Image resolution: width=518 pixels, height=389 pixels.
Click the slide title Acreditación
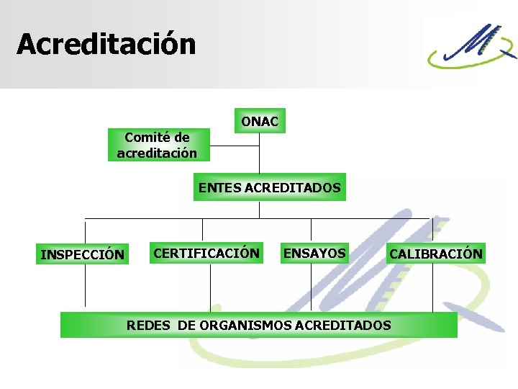[x=106, y=44]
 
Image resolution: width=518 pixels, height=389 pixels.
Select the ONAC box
[x=259, y=122]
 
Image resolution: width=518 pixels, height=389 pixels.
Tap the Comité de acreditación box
[x=157, y=145]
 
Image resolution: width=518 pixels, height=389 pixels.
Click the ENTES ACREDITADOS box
[x=269, y=187]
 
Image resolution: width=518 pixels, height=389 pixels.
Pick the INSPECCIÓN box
[x=83, y=254]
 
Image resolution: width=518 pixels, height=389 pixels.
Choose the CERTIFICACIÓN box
[x=206, y=253]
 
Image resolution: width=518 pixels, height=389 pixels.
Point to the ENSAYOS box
[x=314, y=253]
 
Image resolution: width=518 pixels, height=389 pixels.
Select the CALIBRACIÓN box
[x=435, y=254]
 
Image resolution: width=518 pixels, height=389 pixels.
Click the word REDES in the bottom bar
[x=148, y=325]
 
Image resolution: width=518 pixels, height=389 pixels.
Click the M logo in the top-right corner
[x=471, y=45]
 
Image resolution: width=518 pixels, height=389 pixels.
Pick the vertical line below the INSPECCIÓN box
[x=86, y=287]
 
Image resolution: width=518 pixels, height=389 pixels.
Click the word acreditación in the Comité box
[x=157, y=153]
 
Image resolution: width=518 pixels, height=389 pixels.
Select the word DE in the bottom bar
[x=186, y=325]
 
